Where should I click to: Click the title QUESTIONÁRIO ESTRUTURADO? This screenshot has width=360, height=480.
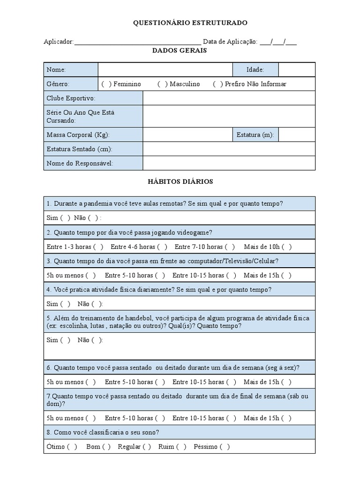pyautogui.click(x=190, y=22)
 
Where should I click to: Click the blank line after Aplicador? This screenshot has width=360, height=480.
pyautogui.click(x=137, y=42)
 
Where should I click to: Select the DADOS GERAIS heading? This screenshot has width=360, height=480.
pyautogui.click(x=180, y=51)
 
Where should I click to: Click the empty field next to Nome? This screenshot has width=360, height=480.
pyautogui.click(x=165, y=70)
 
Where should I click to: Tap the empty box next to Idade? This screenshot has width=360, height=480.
pyautogui.click(x=297, y=70)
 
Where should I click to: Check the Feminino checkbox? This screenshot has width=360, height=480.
pyautogui.click(x=106, y=84)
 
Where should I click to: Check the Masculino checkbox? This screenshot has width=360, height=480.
pyautogui.click(x=163, y=84)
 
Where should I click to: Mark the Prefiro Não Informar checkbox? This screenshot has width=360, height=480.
pyautogui.click(x=218, y=84)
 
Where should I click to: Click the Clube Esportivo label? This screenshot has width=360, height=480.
pyautogui.click(x=71, y=98)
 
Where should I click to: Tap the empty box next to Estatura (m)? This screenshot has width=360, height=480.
pyautogui.click(x=297, y=135)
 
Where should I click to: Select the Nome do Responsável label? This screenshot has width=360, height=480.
pyautogui.click(x=80, y=163)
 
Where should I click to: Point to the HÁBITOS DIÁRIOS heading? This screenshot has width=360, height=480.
pyautogui.click(x=180, y=181)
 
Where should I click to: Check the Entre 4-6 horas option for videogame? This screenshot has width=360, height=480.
pyautogui.click(x=162, y=247)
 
